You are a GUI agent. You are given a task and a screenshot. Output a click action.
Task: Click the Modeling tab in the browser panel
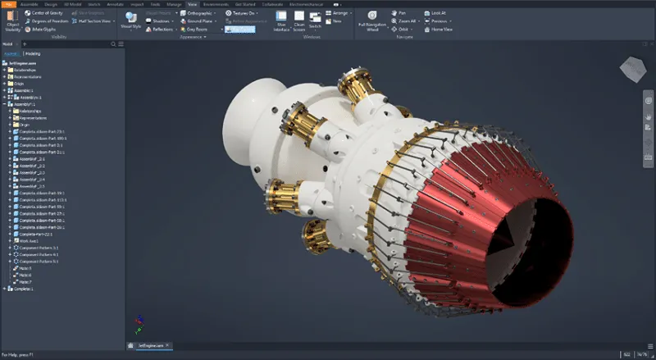point(33,53)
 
